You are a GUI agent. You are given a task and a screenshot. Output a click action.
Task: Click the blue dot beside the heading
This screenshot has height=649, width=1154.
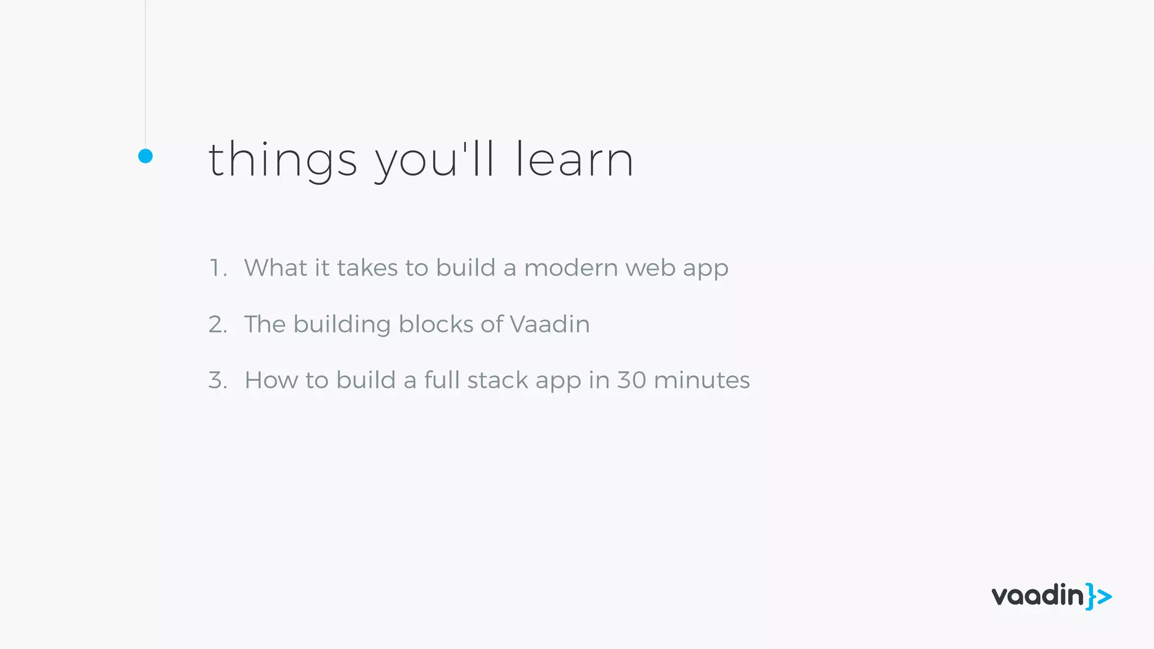(145, 156)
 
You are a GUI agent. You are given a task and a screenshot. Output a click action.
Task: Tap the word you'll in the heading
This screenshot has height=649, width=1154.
(434, 160)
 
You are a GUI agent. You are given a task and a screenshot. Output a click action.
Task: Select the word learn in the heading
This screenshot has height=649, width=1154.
(574, 160)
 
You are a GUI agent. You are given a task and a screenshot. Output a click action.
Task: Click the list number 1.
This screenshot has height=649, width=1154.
(217, 268)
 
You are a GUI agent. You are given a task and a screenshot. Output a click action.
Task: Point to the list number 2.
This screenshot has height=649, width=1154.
(218, 324)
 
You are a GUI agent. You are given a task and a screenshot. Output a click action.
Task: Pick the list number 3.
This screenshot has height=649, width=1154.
(218, 380)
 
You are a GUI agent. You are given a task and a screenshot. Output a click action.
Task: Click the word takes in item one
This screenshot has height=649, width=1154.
(367, 268)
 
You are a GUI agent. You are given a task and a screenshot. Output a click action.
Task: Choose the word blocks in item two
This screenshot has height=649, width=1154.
(436, 324)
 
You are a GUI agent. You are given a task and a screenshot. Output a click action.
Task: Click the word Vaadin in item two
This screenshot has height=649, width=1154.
(549, 324)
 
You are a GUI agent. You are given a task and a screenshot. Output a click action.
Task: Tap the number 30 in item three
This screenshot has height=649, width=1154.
(631, 380)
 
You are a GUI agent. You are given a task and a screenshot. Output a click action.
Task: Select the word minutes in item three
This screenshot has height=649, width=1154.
(702, 380)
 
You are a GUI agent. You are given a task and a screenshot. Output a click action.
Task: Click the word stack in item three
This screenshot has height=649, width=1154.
(498, 380)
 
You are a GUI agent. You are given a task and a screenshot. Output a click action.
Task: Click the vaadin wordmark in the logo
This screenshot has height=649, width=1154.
(1037, 595)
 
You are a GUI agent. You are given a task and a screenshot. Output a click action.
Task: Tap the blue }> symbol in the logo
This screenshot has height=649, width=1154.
(1099, 597)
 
